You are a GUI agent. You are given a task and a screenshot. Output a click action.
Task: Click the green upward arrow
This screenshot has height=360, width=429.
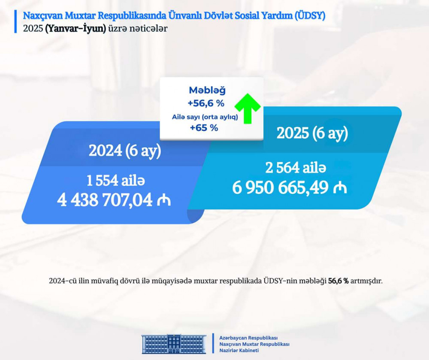[248, 109]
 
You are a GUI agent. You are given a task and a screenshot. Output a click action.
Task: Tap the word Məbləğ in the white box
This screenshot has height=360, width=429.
[207, 90]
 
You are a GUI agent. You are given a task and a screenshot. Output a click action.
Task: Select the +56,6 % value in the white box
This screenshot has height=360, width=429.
[206, 103]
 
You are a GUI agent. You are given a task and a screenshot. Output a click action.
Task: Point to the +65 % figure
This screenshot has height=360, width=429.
[204, 128]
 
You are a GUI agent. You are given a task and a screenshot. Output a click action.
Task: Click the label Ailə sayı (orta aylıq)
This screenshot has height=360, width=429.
[205, 117]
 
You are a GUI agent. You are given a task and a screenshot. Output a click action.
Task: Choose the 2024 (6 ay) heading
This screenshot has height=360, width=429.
[125, 151]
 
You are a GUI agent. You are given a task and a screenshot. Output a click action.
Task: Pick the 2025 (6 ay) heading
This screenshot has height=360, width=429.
[312, 134]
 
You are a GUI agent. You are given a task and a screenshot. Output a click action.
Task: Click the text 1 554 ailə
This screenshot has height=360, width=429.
[116, 181]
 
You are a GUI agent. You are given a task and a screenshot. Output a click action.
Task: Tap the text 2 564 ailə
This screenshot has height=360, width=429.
[296, 168]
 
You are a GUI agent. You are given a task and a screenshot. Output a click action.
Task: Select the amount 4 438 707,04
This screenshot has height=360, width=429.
[105, 200]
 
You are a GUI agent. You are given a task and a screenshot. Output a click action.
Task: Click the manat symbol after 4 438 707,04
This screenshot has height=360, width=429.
[164, 200]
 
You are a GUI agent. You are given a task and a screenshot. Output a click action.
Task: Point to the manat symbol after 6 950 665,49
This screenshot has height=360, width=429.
[340, 188]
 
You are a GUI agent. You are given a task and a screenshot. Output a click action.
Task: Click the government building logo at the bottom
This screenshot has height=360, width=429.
[174, 344]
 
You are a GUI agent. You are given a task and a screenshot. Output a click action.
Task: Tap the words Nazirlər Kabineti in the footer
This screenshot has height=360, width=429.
[239, 351]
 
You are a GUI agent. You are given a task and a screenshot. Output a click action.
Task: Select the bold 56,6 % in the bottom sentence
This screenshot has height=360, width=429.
[338, 281]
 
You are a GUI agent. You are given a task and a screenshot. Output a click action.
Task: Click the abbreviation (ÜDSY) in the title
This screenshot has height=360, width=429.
[310, 16]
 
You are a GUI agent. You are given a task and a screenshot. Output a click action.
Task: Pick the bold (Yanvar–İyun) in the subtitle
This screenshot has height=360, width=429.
[76, 29]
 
